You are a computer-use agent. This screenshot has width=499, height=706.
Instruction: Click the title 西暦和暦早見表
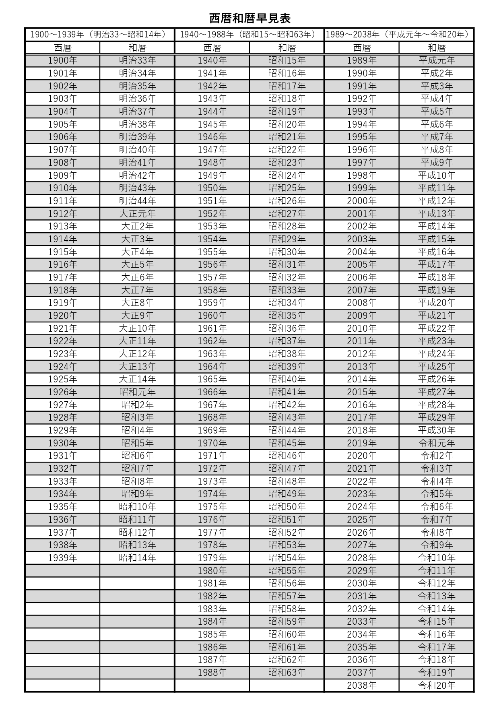click(249, 19)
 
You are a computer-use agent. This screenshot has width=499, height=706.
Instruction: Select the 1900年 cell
click(62, 60)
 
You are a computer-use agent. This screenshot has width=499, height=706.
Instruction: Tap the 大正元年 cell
click(137, 214)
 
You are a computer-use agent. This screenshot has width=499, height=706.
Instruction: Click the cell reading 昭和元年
click(137, 392)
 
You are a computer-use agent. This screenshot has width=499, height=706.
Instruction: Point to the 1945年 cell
click(212, 124)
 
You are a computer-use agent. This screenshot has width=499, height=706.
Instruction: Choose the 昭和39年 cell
click(287, 367)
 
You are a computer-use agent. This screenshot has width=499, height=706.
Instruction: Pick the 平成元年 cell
click(437, 60)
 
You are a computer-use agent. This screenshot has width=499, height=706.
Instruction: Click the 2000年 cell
click(362, 201)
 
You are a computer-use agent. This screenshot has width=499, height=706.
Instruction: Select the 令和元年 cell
click(437, 443)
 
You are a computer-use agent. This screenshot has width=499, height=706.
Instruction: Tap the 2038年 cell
click(362, 685)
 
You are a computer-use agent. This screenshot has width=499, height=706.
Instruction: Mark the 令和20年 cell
click(437, 685)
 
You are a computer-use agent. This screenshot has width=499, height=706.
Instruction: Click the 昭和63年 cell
click(287, 673)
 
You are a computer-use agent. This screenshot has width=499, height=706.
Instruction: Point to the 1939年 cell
click(62, 558)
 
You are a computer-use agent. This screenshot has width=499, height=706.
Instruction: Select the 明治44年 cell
click(137, 201)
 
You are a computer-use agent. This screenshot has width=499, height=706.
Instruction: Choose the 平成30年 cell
click(437, 430)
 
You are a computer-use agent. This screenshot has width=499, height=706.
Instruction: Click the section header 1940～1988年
click(249, 35)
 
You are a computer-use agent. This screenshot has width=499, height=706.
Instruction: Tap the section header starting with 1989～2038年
click(399, 35)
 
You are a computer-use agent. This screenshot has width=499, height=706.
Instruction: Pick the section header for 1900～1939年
click(99, 35)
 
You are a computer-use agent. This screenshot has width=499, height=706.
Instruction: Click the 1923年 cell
click(62, 354)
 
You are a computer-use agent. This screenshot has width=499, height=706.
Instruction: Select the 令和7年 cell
click(437, 520)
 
